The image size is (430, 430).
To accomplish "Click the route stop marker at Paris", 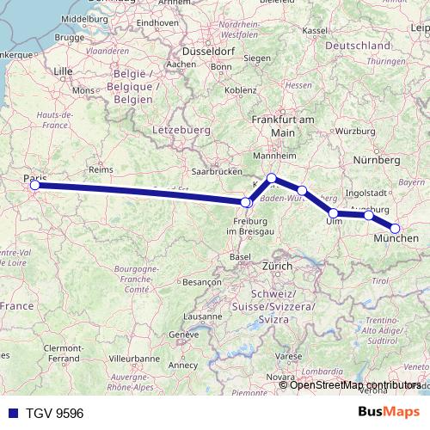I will pyautogui.click(x=34, y=185).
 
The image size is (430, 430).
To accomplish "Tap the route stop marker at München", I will pyautogui.click(x=396, y=228).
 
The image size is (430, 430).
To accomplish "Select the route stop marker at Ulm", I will pyautogui.click(x=334, y=212).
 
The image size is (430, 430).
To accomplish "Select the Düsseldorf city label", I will pyautogui.click(x=208, y=51).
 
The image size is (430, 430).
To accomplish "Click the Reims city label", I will pyautogui.click(x=101, y=170).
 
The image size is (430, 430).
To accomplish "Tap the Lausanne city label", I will pyautogui.click(x=202, y=316).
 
